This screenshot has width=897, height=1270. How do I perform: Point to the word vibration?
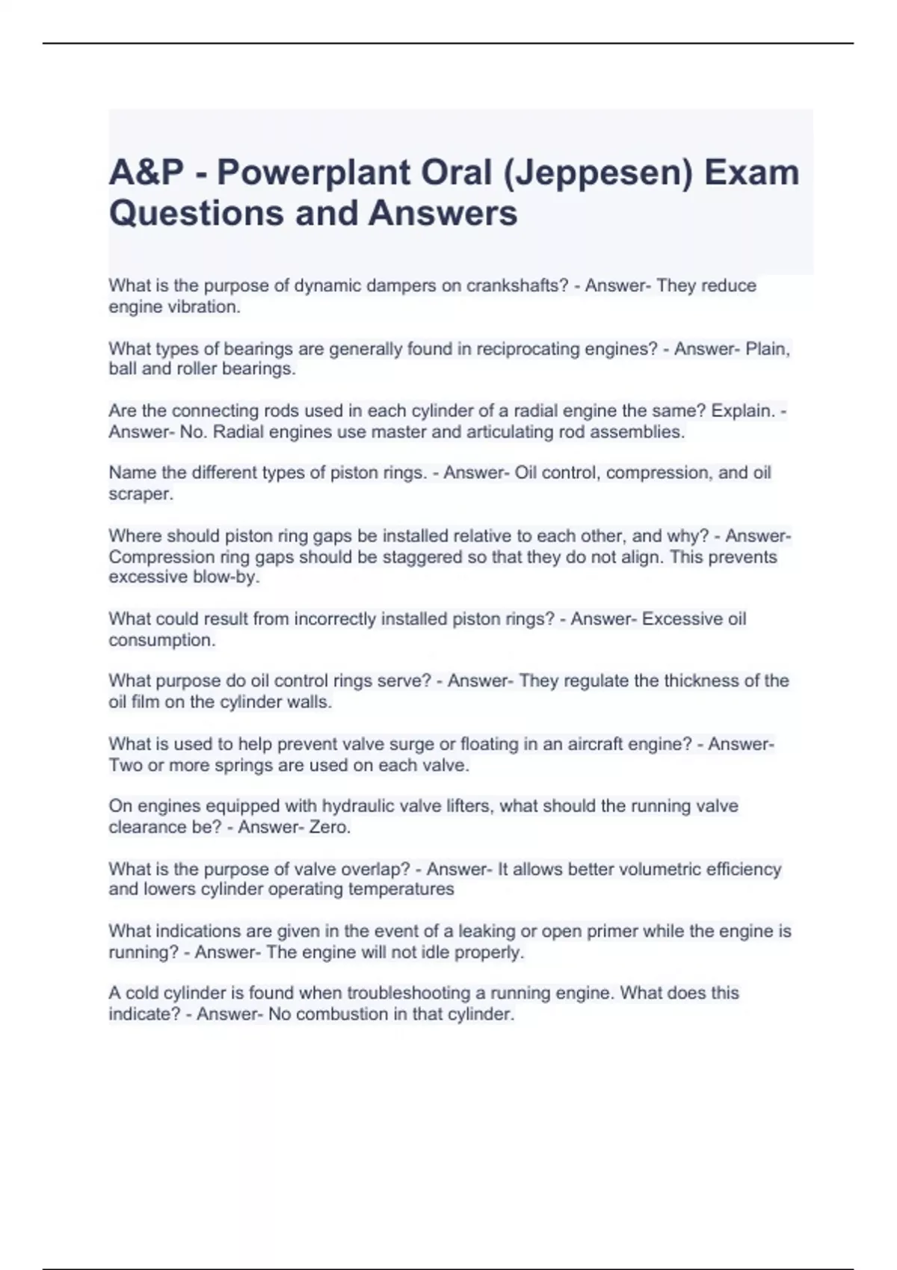click(207, 307)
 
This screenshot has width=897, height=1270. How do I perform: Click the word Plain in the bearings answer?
click(768, 349)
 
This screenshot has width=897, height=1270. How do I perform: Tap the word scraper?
click(140, 494)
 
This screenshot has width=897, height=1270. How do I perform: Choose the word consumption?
click(161, 640)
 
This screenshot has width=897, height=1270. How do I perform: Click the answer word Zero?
click(330, 828)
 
